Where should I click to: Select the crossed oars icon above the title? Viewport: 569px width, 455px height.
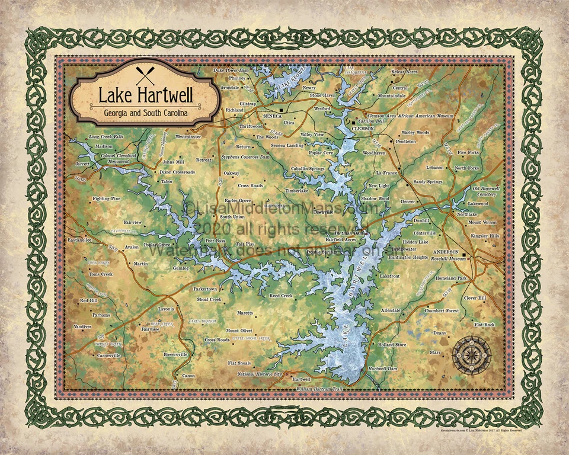click(x=143, y=75)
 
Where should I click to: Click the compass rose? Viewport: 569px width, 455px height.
click(x=472, y=353)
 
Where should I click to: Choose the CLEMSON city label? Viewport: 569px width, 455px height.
click(x=363, y=127)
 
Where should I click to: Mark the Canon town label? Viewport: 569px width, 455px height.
click(x=188, y=376)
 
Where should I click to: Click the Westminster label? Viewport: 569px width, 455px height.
click(x=188, y=136)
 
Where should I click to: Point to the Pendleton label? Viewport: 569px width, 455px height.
click(x=405, y=142)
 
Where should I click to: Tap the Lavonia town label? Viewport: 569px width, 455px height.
click(x=166, y=309)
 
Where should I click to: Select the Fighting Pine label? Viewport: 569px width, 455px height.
click(x=107, y=198)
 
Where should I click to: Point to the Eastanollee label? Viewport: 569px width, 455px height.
click(x=78, y=240)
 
